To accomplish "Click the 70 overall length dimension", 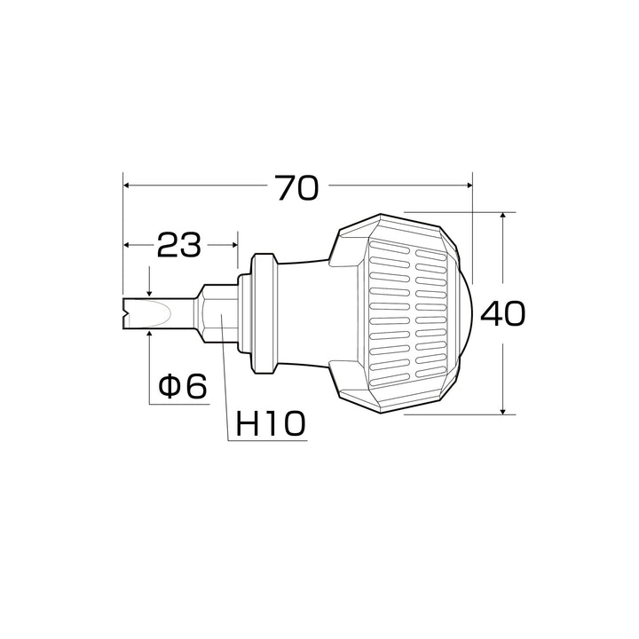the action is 297,188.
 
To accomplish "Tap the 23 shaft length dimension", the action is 179,245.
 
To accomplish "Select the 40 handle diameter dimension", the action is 503,313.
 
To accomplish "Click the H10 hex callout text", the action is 271,423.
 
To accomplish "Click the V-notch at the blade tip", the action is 126,313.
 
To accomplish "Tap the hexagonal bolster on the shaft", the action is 217,313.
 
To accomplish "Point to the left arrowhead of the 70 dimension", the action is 126,185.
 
